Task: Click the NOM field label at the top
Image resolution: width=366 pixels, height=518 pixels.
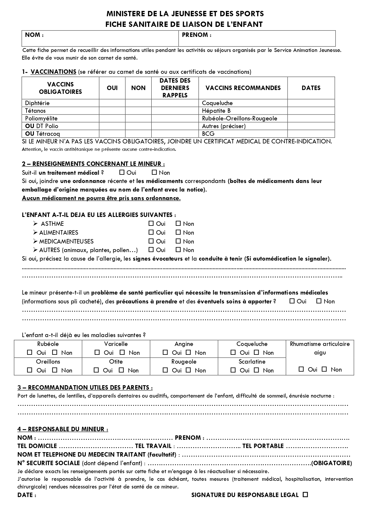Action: click(x=34, y=35)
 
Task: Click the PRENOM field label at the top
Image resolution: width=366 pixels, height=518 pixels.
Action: click(x=196, y=35)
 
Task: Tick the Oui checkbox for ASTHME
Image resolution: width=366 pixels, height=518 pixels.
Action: click(x=151, y=223)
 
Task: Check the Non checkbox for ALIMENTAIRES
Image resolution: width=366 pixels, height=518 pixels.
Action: click(x=178, y=232)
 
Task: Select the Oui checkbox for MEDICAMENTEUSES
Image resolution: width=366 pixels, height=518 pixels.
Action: click(x=151, y=241)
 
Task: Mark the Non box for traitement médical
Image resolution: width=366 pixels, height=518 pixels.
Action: click(x=154, y=172)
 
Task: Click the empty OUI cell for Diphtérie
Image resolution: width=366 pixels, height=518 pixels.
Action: click(x=112, y=103)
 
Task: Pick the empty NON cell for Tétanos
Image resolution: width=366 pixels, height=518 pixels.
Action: click(x=138, y=111)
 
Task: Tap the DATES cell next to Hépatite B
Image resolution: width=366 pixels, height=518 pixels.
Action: click(x=311, y=111)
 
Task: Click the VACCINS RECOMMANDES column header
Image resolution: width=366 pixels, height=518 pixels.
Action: click(x=243, y=88)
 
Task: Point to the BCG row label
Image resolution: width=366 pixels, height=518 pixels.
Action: click(x=208, y=134)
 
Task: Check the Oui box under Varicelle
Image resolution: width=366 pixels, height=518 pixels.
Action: click(x=97, y=352)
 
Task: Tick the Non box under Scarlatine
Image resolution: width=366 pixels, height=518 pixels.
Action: click(x=257, y=370)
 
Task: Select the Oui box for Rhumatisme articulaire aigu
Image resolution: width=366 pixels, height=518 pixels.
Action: click(x=301, y=369)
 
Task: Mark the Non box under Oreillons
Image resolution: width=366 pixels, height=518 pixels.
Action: click(x=55, y=370)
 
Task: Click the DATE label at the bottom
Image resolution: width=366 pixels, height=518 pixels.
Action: click(x=27, y=495)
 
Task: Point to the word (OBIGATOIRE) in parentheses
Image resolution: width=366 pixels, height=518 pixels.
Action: click(x=332, y=463)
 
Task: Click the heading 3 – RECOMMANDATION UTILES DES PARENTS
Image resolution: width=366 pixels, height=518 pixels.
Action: click(x=85, y=388)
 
